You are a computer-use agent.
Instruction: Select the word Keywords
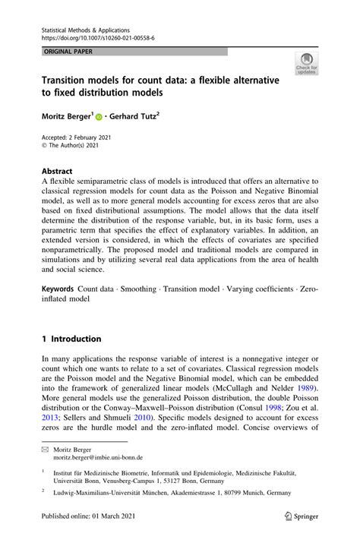click(57, 289)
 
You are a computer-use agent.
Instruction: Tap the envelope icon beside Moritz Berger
click(45, 450)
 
